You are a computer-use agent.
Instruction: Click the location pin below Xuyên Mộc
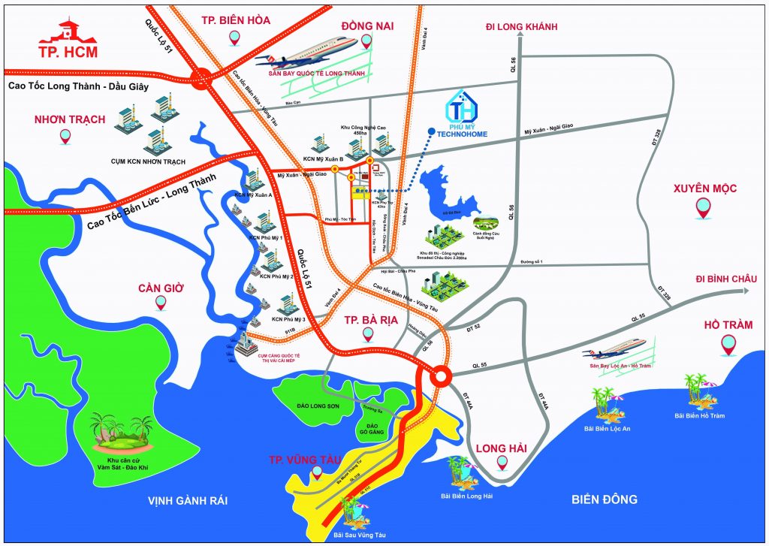[x=703, y=208]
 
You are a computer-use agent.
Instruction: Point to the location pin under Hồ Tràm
[x=728, y=345]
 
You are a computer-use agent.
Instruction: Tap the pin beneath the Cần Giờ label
[x=160, y=303]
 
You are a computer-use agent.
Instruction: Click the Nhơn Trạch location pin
[x=65, y=137]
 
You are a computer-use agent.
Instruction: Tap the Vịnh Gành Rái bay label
[x=187, y=500]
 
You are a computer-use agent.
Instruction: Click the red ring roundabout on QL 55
[x=440, y=376]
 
